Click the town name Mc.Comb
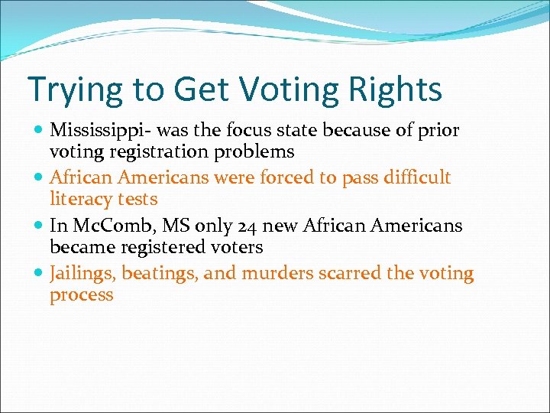click(104, 226)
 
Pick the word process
click(81, 295)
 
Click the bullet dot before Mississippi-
click(39, 132)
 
